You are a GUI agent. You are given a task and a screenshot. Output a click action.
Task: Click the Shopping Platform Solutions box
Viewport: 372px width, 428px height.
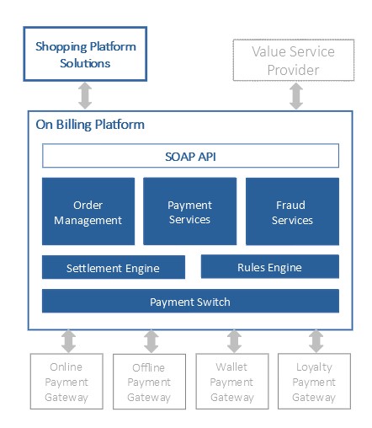pyautogui.click(x=85, y=54)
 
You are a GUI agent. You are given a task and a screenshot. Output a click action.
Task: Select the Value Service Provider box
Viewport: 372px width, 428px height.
pyautogui.click(x=294, y=60)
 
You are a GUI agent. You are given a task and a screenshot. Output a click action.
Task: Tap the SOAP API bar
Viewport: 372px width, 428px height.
pyautogui.click(x=190, y=156)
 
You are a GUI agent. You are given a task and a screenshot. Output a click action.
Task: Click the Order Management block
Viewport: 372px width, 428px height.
pyautogui.click(x=88, y=211)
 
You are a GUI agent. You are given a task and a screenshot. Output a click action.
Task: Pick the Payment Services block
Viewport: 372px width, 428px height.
pyautogui.click(x=190, y=211)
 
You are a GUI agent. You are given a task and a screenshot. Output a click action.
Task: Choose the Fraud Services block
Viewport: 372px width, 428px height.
pyautogui.click(x=292, y=211)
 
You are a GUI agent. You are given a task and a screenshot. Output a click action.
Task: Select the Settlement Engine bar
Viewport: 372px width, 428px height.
pyautogui.click(x=114, y=267)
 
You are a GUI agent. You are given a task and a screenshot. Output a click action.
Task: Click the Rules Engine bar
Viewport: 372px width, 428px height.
pyautogui.click(x=270, y=266)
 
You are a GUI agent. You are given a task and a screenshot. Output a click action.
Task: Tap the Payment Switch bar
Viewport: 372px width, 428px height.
pyautogui.click(x=190, y=301)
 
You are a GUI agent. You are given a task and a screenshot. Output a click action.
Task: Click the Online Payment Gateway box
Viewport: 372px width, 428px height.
pyautogui.click(x=66, y=382)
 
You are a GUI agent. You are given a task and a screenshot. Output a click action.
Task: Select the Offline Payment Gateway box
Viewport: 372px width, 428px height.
pyautogui.click(x=149, y=382)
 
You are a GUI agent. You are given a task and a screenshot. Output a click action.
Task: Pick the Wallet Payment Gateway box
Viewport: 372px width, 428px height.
pyautogui.click(x=232, y=382)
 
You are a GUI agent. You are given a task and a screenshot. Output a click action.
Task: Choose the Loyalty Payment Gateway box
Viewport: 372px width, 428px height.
pyautogui.click(x=314, y=382)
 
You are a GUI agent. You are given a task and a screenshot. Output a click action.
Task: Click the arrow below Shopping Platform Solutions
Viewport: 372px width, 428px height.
pyautogui.click(x=85, y=95)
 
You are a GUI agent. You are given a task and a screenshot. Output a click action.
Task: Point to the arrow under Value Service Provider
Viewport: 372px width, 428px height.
pyautogui.click(x=296, y=96)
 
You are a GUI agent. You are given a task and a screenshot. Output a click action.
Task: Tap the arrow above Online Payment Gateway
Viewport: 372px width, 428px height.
pyautogui.click(x=69, y=341)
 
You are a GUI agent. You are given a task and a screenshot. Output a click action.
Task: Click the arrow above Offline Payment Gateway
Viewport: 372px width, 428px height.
pyautogui.click(x=151, y=341)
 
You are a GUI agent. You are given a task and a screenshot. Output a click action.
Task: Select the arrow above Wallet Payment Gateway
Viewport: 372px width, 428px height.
pyautogui.click(x=234, y=341)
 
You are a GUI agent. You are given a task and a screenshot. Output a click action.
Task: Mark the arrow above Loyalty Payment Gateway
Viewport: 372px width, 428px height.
pyautogui.click(x=316, y=341)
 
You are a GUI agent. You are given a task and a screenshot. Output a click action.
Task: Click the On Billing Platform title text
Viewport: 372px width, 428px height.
pyautogui.click(x=90, y=125)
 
